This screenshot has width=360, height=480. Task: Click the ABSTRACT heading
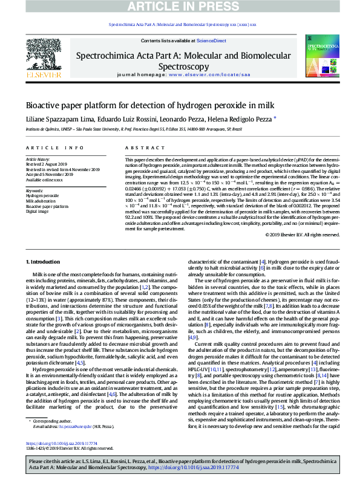(x=139, y=148)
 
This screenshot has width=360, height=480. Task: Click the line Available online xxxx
(x=44, y=180)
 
